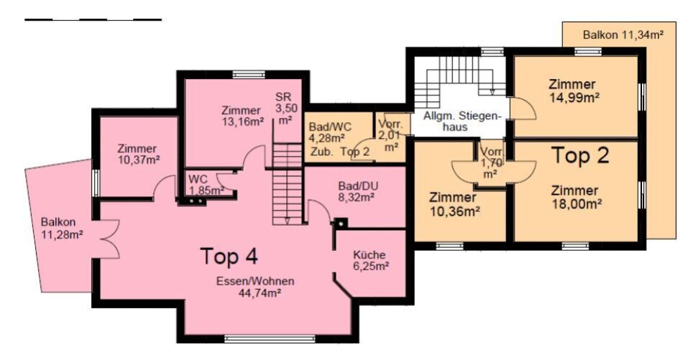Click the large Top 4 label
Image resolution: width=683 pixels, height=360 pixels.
click(x=229, y=256)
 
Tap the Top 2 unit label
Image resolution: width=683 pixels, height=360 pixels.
click(x=580, y=155)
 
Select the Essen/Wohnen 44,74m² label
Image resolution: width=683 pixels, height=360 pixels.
click(x=256, y=287)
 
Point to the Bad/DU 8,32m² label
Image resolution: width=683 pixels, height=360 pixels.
click(x=358, y=192)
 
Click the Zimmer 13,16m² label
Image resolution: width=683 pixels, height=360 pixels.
click(x=242, y=116)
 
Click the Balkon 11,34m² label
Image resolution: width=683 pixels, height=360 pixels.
click(x=623, y=34)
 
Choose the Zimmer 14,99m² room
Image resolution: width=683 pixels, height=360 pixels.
click(x=576, y=96)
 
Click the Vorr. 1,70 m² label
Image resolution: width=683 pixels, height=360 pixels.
click(x=492, y=163)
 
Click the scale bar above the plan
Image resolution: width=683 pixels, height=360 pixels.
click(x=93, y=19)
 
